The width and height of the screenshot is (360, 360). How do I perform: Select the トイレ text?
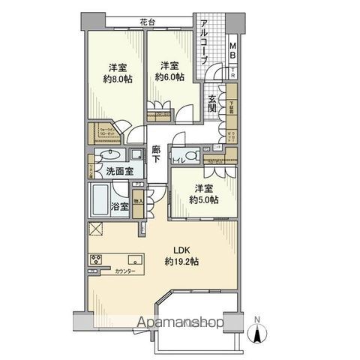click(x=178, y=159)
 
